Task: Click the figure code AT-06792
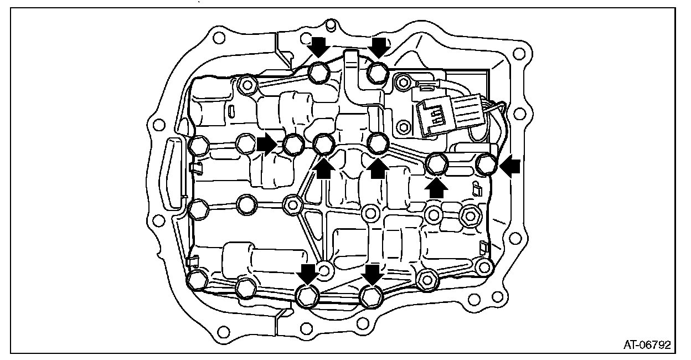point(647,344)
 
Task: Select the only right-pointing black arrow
point(267,145)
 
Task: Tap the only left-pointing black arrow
point(510,163)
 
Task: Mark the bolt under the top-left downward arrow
point(319,71)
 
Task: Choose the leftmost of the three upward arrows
point(323,167)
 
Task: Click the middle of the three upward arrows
point(378,168)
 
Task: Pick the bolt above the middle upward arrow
point(378,143)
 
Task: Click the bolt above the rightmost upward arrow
point(436,163)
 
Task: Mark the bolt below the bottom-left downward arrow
point(306,296)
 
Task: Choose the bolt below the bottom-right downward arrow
point(370,296)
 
